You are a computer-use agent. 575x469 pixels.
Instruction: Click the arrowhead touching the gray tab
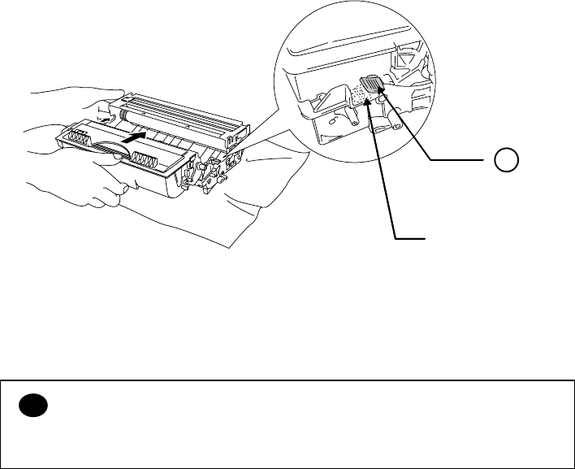[381, 97]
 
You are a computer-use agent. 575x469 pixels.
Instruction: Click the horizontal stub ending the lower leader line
[410, 238]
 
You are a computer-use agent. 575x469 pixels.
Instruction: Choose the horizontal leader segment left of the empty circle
[464, 161]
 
